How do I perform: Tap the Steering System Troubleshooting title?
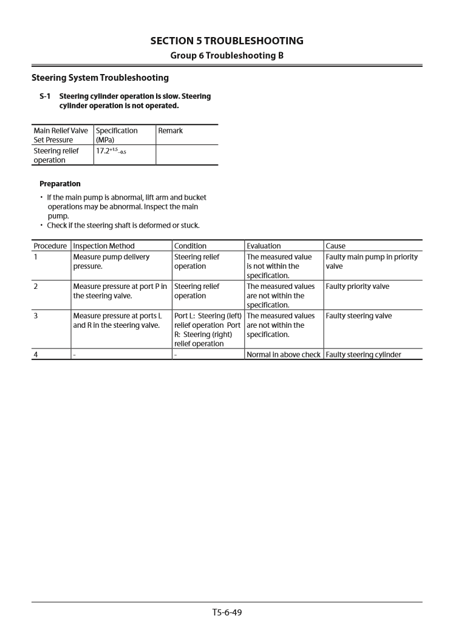pos(100,78)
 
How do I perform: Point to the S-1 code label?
pos(45,97)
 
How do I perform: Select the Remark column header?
pos(171,130)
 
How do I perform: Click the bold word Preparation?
pos(60,183)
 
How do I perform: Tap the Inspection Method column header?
pos(104,246)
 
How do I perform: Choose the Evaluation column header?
pos(264,246)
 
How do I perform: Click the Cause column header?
pos(335,246)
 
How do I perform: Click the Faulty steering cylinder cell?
pos(363,354)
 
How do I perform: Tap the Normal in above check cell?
pos(284,354)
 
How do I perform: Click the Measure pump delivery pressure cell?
pos(111,262)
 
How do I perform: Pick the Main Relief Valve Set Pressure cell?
pos(61,135)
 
